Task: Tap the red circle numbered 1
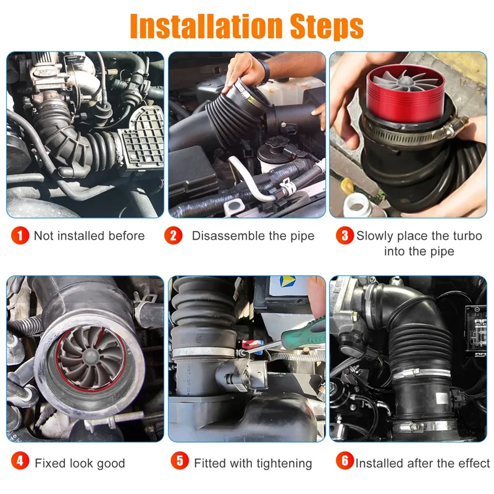click(21, 235)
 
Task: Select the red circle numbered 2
click(174, 235)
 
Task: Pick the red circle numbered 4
click(21, 462)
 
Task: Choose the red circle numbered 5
click(180, 462)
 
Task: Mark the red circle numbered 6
click(345, 462)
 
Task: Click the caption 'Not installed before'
click(89, 236)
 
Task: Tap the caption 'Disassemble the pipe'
click(253, 236)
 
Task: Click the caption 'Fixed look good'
click(80, 463)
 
